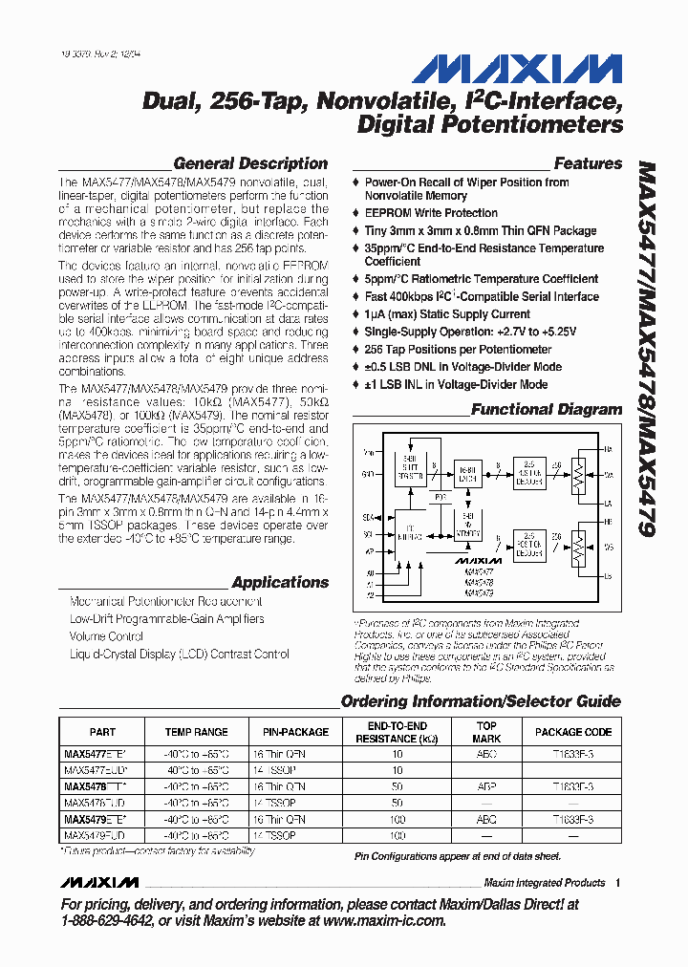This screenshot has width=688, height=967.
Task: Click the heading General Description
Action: (x=250, y=163)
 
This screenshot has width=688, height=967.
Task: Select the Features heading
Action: (x=588, y=163)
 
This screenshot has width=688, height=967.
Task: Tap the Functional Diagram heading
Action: (x=547, y=410)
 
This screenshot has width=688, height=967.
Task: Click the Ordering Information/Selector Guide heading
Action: (x=481, y=701)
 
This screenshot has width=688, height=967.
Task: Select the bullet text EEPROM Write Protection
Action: (x=431, y=213)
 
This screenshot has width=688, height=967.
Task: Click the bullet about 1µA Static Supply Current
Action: (x=447, y=314)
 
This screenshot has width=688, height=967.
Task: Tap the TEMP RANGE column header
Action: (x=196, y=732)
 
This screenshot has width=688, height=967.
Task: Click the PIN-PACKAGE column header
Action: (x=295, y=732)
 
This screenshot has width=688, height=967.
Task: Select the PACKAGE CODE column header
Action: (x=572, y=732)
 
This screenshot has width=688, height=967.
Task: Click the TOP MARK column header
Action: (x=486, y=732)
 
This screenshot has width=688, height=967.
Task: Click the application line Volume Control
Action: (x=106, y=636)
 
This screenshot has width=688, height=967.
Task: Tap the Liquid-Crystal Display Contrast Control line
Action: (x=179, y=655)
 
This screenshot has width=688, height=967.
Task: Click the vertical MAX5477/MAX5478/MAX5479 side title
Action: (x=646, y=350)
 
